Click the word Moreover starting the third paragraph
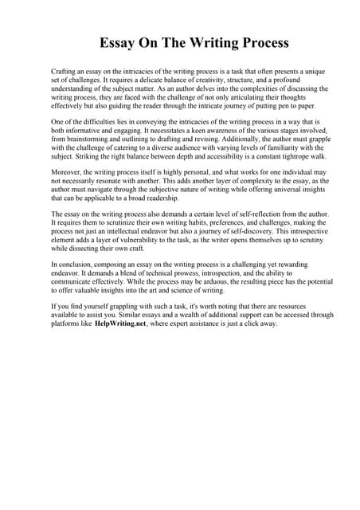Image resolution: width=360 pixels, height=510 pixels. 68,171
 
